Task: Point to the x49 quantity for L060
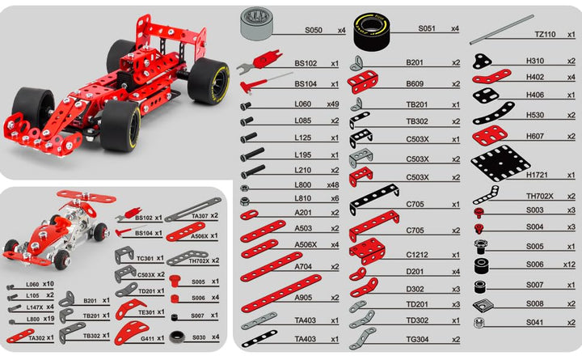(334, 104)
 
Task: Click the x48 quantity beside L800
(334, 184)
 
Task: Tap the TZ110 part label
(546, 35)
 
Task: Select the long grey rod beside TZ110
(501, 29)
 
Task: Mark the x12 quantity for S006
(569, 265)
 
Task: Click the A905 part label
(304, 297)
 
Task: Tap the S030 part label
(198, 337)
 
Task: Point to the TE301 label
(147, 311)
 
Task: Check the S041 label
(535, 322)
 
